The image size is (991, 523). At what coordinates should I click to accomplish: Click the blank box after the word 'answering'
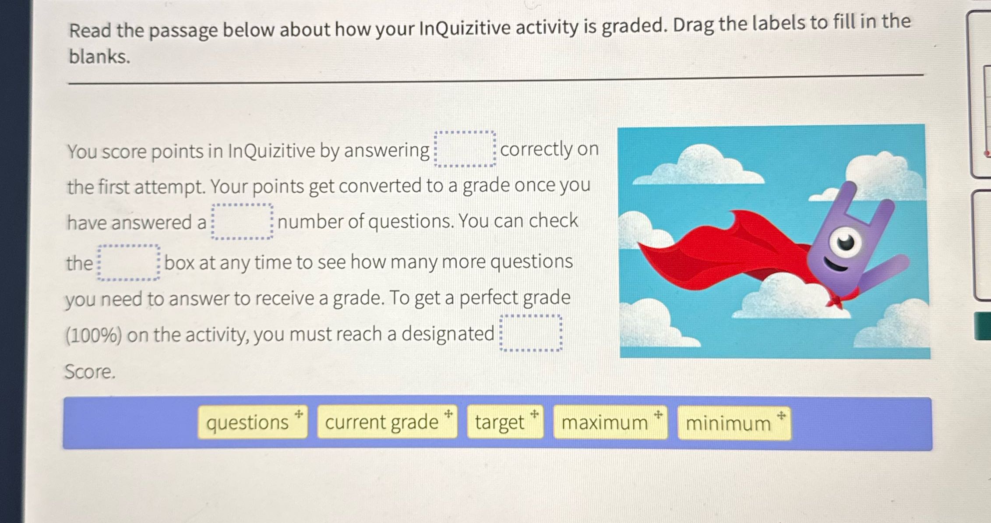point(465,149)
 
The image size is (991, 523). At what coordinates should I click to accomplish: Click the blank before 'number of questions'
point(242,222)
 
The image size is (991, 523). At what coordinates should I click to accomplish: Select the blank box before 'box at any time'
point(128,263)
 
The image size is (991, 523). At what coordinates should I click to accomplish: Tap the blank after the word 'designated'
point(531,333)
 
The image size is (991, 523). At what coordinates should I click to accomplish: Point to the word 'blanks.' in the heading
point(99,57)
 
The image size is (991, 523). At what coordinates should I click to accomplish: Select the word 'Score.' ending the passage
point(90,372)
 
